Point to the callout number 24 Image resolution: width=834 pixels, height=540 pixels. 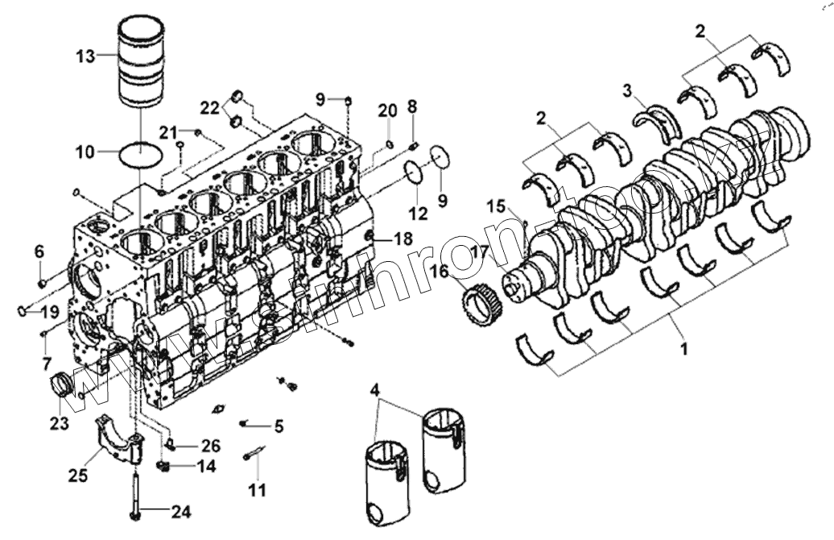click(x=182, y=509)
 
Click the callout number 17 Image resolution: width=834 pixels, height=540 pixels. click(x=480, y=251)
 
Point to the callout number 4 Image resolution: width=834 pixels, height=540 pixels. click(x=374, y=391)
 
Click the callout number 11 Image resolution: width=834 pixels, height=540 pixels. click(x=256, y=488)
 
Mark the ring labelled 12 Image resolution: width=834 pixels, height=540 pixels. click(x=414, y=173)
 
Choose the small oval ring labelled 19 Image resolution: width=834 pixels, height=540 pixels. click(x=23, y=311)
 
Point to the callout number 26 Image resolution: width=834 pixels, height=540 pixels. click(x=210, y=445)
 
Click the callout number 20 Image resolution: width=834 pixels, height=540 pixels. click(x=388, y=110)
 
